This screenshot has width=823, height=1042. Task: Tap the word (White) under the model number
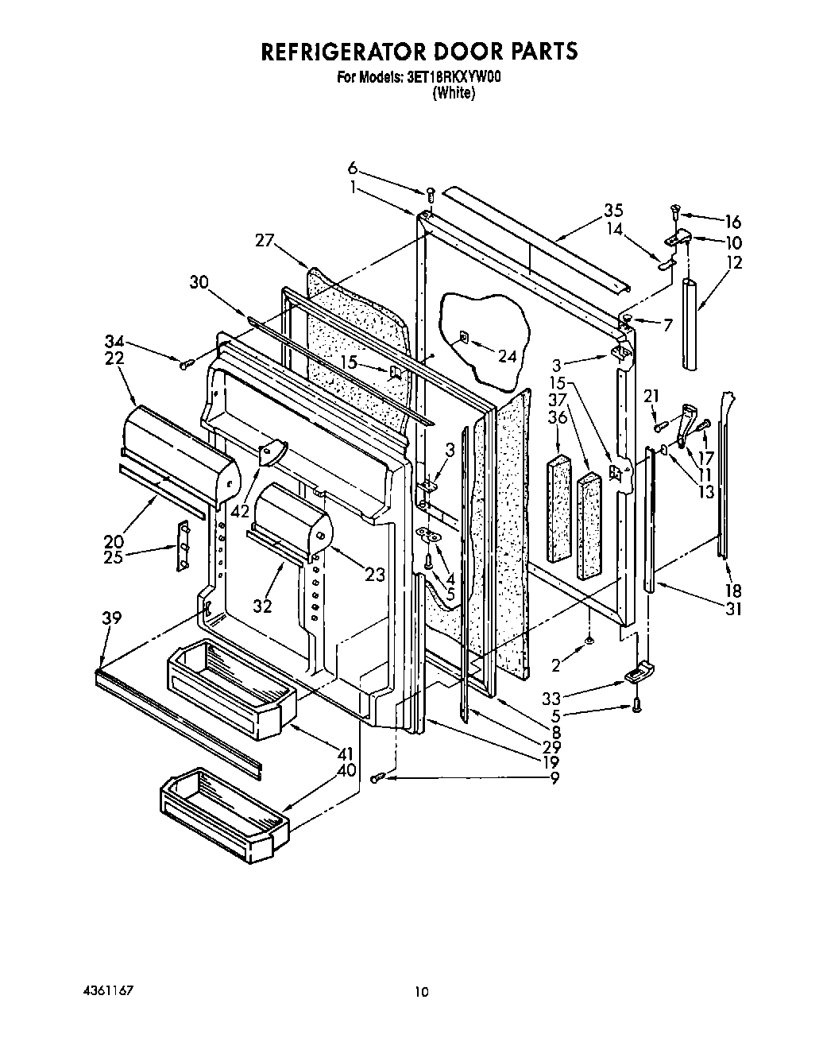pyautogui.click(x=454, y=93)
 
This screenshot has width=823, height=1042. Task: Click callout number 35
pyautogui.click(x=612, y=211)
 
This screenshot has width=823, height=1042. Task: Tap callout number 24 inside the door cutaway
pyautogui.click(x=506, y=356)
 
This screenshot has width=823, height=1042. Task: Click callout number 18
pyautogui.click(x=732, y=591)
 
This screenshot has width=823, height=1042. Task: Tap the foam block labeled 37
pyautogui.click(x=589, y=525)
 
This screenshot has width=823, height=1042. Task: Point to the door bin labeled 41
pyautogui.click(x=231, y=688)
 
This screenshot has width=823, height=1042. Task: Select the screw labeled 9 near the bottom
pyautogui.click(x=379, y=777)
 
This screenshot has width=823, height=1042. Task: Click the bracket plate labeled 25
pyautogui.click(x=183, y=546)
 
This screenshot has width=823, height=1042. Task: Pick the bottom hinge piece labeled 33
pyautogui.click(x=636, y=675)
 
